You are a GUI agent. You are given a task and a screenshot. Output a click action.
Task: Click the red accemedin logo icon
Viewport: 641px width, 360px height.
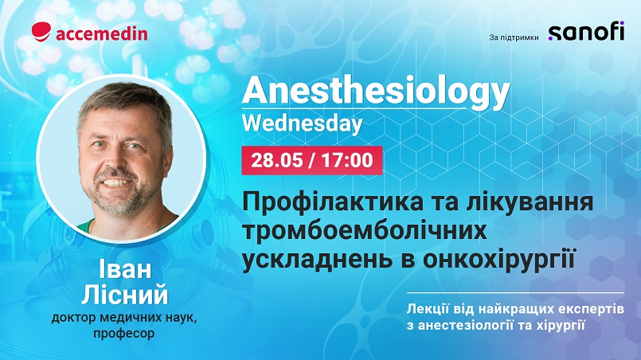(x=41, y=32)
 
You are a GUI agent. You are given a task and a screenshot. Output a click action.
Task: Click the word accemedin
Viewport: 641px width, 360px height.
(x=102, y=33)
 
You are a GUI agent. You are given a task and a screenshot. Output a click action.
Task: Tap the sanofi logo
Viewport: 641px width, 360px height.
(x=586, y=31)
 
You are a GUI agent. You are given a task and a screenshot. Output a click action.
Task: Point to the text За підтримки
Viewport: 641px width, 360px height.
(x=514, y=37)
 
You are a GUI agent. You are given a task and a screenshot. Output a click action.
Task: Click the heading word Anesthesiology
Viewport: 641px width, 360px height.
(x=376, y=92)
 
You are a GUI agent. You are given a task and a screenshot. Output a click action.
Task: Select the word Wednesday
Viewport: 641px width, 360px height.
(x=303, y=124)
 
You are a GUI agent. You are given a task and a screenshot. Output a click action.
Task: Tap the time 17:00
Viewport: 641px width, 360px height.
(x=347, y=160)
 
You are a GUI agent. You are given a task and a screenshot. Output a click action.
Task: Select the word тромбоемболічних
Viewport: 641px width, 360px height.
(x=365, y=231)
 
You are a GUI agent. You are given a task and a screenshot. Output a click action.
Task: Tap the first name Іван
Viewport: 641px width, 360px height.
(x=125, y=269)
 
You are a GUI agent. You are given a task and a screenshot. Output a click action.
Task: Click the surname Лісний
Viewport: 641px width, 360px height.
(x=125, y=295)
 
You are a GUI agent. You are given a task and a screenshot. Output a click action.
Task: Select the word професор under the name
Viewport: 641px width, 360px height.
(x=124, y=334)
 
